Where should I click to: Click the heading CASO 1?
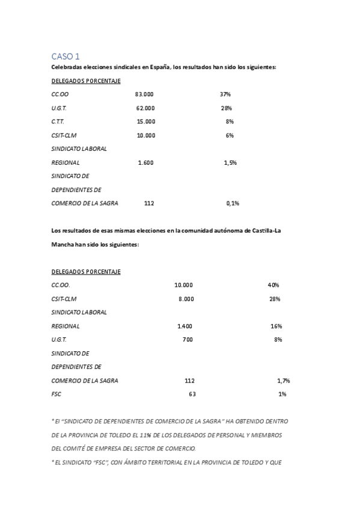pyautogui.click(x=65, y=56)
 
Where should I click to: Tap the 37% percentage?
pyautogui.click(x=225, y=94)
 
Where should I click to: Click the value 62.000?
pyautogui.click(x=145, y=108)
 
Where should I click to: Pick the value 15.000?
pyautogui.click(x=145, y=121)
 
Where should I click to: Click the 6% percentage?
pyautogui.click(x=230, y=135)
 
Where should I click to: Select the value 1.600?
pyautogui.click(x=145, y=162)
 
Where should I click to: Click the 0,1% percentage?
pyautogui.click(x=233, y=203)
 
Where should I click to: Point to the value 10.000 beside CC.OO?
pyautogui.click(x=183, y=285)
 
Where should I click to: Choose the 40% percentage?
pyautogui.click(x=273, y=285)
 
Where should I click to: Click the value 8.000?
pyautogui.click(x=186, y=299)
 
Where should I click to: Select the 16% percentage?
pyautogui.click(x=276, y=326)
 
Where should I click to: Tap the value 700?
pyautogui.click(x=188, y=340)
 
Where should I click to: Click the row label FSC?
pyautogui.click(x=56, y=395)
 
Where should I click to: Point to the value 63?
pyautogui.click(x=192, y=395)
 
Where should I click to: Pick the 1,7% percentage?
pyautogui.click(x=284, y=381)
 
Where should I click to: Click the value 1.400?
pyautogui.click(x=185, y=326)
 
